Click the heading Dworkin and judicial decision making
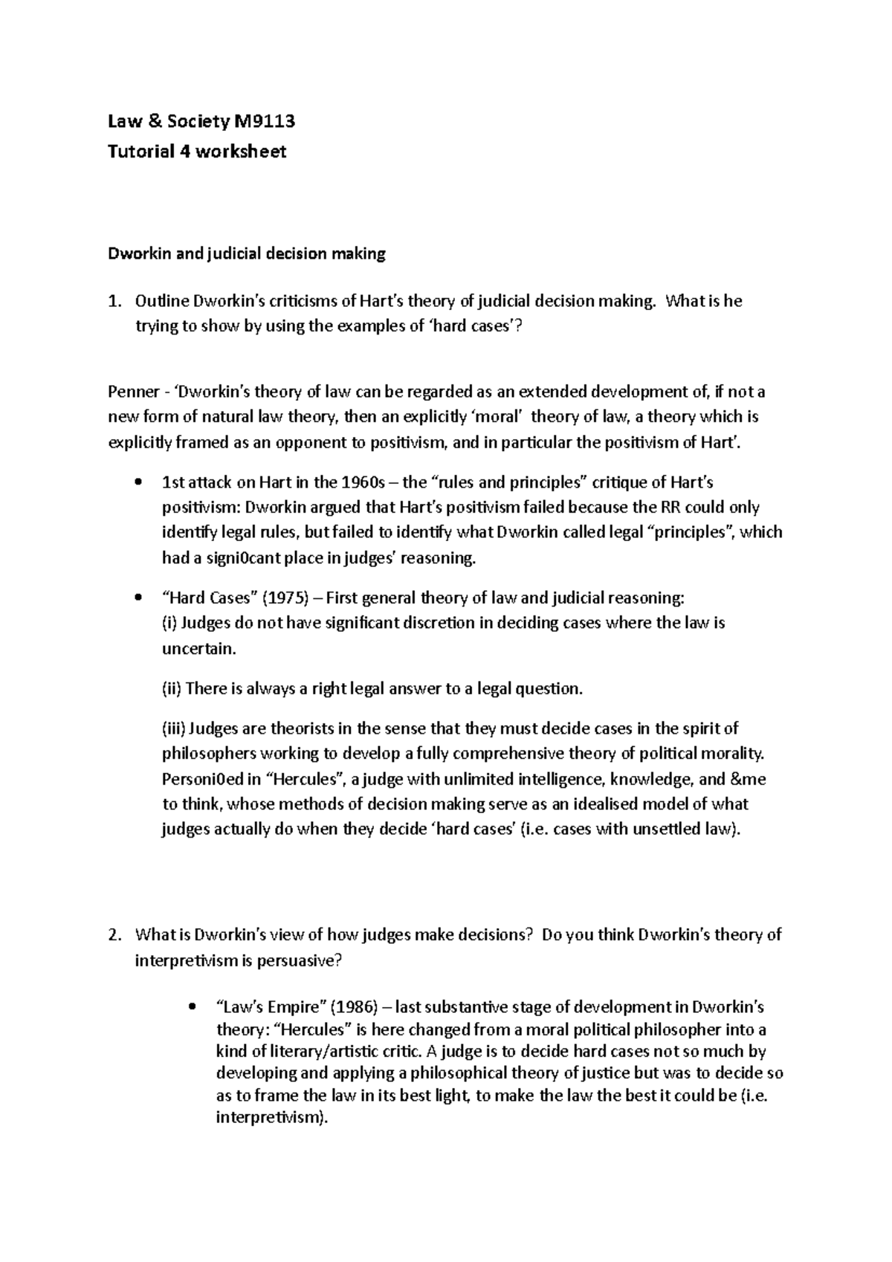[247, 254]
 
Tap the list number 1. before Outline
[114, 302]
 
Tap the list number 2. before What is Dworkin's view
[114, 935]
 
